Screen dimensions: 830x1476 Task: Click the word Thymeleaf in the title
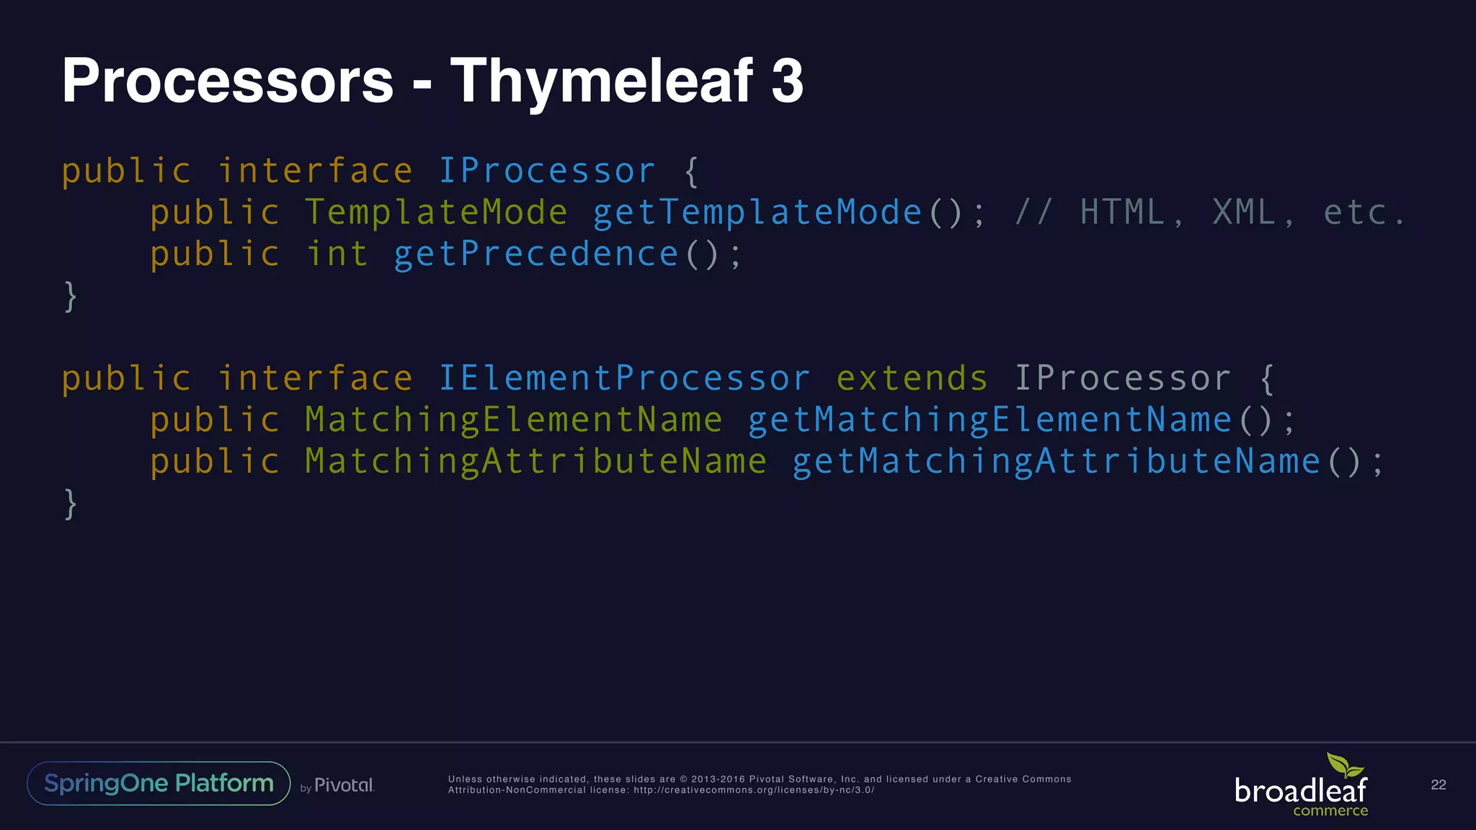point(601,81)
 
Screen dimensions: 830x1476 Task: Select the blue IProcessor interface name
point(547,171)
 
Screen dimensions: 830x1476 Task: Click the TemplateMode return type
point(436,213)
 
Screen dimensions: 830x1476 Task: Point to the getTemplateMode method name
point(757,213)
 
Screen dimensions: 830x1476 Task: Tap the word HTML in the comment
point(1122,213)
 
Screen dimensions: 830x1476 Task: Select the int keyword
point(337,254)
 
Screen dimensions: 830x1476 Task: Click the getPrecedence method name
point(535,254)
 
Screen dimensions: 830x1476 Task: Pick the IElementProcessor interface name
point(624,379)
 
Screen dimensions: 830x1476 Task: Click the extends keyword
point(912,379)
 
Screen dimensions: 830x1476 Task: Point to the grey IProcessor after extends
point(1122,379)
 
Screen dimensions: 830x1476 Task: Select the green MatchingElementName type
point(513,420)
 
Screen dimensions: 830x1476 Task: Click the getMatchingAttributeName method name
point(1056,462)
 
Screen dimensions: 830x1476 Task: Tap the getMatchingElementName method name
point(990,420)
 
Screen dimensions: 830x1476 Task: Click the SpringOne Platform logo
point(159,783)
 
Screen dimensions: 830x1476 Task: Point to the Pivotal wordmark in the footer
point(344,785)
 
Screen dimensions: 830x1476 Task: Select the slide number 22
point(1438,785)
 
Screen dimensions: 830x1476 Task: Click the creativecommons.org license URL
point(754,790)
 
